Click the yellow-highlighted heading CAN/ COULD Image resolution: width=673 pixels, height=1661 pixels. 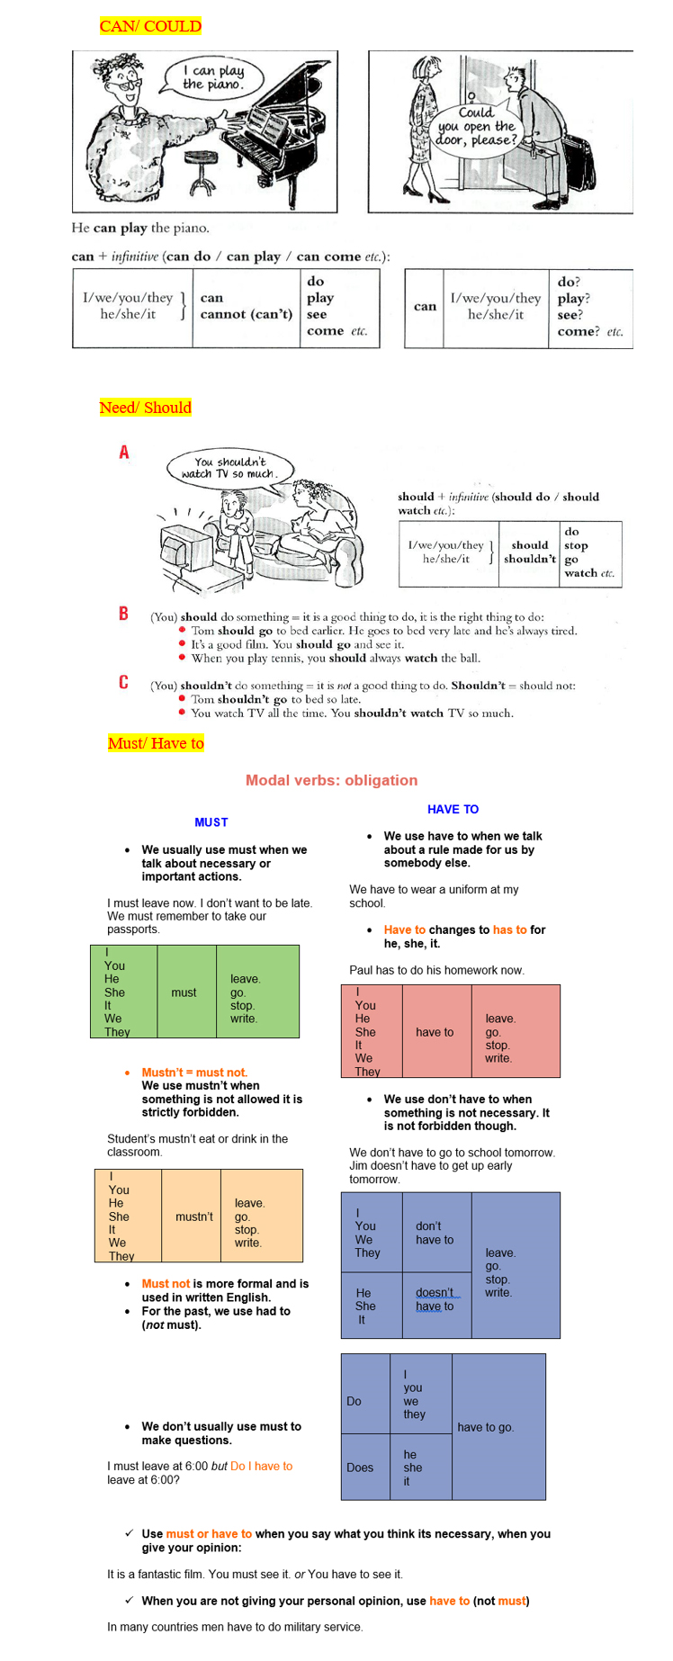pyautogui.click(x=150, y=26)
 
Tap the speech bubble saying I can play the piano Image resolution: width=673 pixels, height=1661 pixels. pyautogui.click(x=213, y=77)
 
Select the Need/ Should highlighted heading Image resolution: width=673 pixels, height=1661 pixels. pyautogui.click(x=145, y=408)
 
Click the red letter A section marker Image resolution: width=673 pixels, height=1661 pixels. pyautogui.click(x=124, y=452)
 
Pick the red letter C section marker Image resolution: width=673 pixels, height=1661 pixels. pyautogui.click(x=124, y=682)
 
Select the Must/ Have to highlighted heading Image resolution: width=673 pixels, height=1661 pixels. pyautogui.click(x=156, y=743)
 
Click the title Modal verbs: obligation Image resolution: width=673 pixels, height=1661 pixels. pyautogui.click(x=331, y=780)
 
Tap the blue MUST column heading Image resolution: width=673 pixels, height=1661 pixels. pyautogui.click(x=211, y=822)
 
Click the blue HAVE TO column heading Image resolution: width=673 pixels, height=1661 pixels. pyautogui.click(x=453, y=809)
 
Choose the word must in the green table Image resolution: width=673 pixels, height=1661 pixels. pyautogui.click(x=184, y=992)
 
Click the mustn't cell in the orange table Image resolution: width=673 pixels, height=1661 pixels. pyautogui.click(x=194, y=1217)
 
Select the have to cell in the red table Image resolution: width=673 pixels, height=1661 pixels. pyautogui.click(x=435, y=1032)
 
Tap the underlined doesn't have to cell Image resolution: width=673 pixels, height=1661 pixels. pyautogui.click(x=436, y=1299)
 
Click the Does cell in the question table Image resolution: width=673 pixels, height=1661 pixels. pyautogui.click(x=360, y=1468)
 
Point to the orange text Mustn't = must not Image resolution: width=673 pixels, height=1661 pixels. pyautogui.click(x=194, y=1073)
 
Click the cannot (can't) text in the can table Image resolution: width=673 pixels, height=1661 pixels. pyautogui.click(x=247, y=314)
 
